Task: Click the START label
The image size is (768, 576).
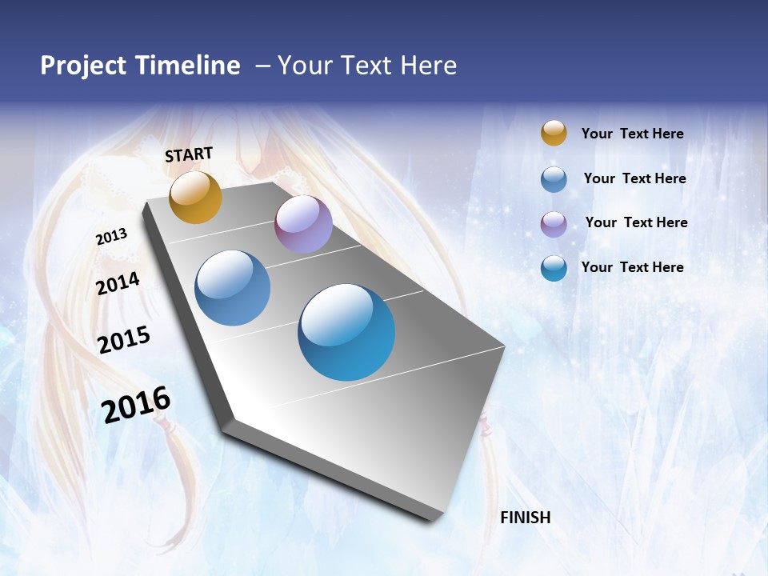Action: [189, 154]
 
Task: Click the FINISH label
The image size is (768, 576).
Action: [525, 518]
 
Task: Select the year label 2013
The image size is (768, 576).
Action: [112, 237]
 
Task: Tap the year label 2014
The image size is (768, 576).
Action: [118, 283]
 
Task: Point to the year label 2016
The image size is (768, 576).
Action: [136, 404]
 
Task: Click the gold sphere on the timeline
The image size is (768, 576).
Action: [195, 197]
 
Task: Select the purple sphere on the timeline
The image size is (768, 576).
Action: [303, 224]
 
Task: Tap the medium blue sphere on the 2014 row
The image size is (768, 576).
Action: [233, 288]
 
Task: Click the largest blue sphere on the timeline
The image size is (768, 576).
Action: [346, 332]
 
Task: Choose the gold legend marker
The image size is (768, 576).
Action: [554, 133]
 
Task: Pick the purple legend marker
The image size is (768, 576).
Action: [554, 223]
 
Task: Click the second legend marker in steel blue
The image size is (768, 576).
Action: [554, 178]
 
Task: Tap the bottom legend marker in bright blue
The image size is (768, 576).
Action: [554, 267]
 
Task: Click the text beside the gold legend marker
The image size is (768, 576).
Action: [632, 134]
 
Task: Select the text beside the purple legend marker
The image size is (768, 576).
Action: [636, 222]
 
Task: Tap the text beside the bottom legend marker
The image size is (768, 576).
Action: [632, 267]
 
